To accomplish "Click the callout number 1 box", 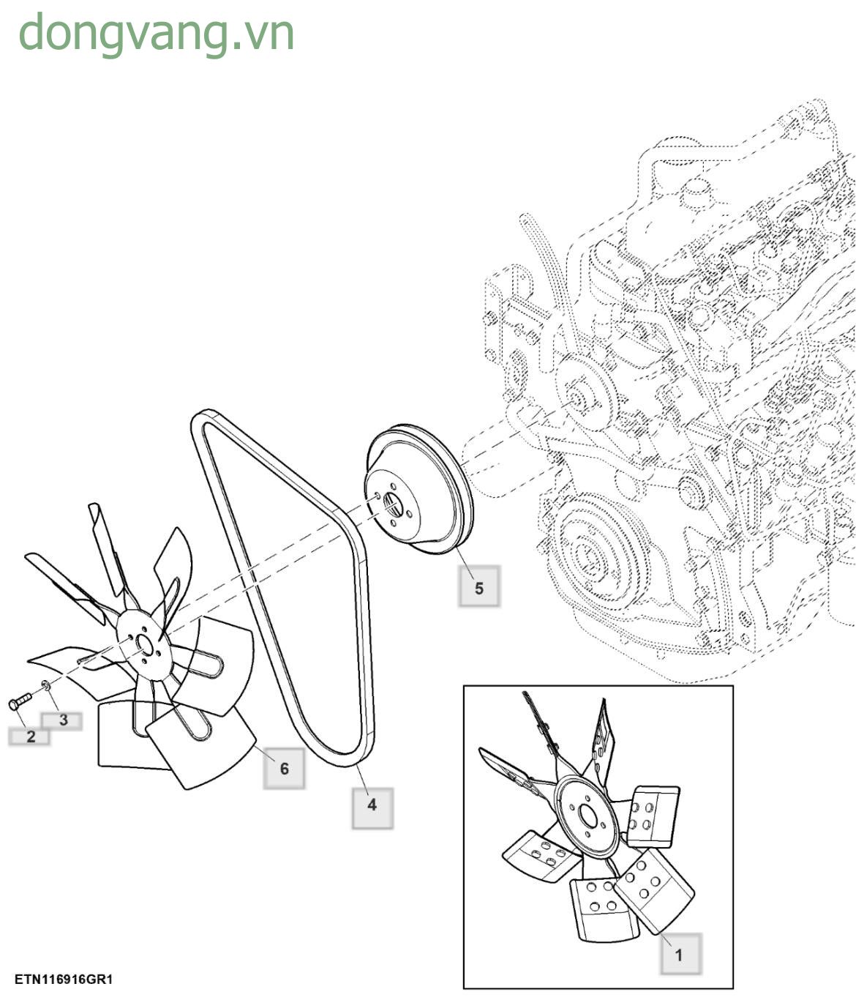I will click(x=680, y=954).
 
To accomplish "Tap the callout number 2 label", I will click(x=30, y=736).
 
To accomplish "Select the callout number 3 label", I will click(x=63, y=720).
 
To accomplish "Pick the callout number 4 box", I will click(x=372, y=805).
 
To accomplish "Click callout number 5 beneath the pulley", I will click(x=479, y=587).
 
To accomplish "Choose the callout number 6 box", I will click(x=284, y=768).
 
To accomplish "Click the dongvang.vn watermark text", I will click(x=156, y=33).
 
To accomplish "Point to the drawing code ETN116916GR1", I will click(x=64, y=980).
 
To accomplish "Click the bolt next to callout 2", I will click(x=18, y=701).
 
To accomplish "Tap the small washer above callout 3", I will click(x=46, y=685).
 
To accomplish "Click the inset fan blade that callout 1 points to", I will click(x=653, y=889).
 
